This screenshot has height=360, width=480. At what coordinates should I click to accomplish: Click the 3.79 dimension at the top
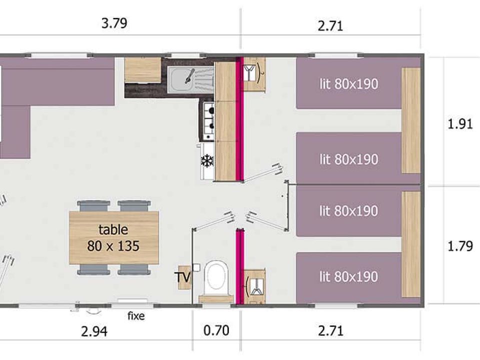pos(114,23)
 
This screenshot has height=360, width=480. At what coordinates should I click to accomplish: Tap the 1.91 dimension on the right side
pos(460,124)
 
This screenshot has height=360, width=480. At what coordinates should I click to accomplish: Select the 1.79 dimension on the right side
pos(460,246)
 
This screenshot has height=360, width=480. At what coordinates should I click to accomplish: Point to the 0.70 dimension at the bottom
pos(216,330)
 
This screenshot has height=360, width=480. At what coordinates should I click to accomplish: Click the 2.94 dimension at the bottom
pos(94,331)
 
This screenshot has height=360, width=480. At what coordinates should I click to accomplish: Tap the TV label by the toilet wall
pos(183,277)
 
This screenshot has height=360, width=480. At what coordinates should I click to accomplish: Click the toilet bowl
pos(216,276)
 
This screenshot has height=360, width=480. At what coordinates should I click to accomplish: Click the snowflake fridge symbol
pos(207,161)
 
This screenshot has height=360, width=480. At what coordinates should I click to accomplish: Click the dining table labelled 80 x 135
pos(114,237)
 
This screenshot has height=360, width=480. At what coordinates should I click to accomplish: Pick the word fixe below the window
pos(136,316)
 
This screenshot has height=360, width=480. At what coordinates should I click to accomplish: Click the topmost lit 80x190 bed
pos(349,83)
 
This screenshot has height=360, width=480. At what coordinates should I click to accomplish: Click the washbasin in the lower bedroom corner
pos(255,287)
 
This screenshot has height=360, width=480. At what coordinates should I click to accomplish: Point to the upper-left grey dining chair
pos(93,206)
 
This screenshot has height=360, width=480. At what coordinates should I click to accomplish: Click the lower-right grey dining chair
pos(134,269)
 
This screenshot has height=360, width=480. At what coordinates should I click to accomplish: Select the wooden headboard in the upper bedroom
pos(411,120)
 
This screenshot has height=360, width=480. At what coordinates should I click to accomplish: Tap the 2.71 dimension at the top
pos(330,26)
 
